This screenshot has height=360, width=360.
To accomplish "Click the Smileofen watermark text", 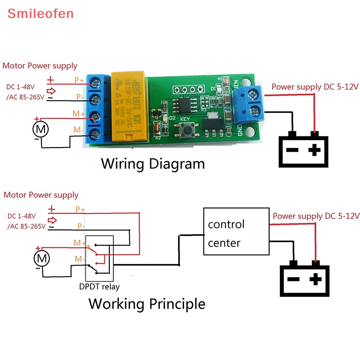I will tap(40, 13).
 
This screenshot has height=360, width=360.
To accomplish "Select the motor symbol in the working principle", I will tap(42, 258).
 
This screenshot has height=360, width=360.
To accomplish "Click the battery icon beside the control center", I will tap(305, 279).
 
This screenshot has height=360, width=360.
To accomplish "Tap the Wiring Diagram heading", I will tap(153, 163).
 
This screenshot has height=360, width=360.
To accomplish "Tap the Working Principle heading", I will tap(147, 303).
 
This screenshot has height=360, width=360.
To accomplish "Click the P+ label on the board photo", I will tap(79, 81).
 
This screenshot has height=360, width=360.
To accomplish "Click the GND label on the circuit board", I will tap(240, 130).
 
